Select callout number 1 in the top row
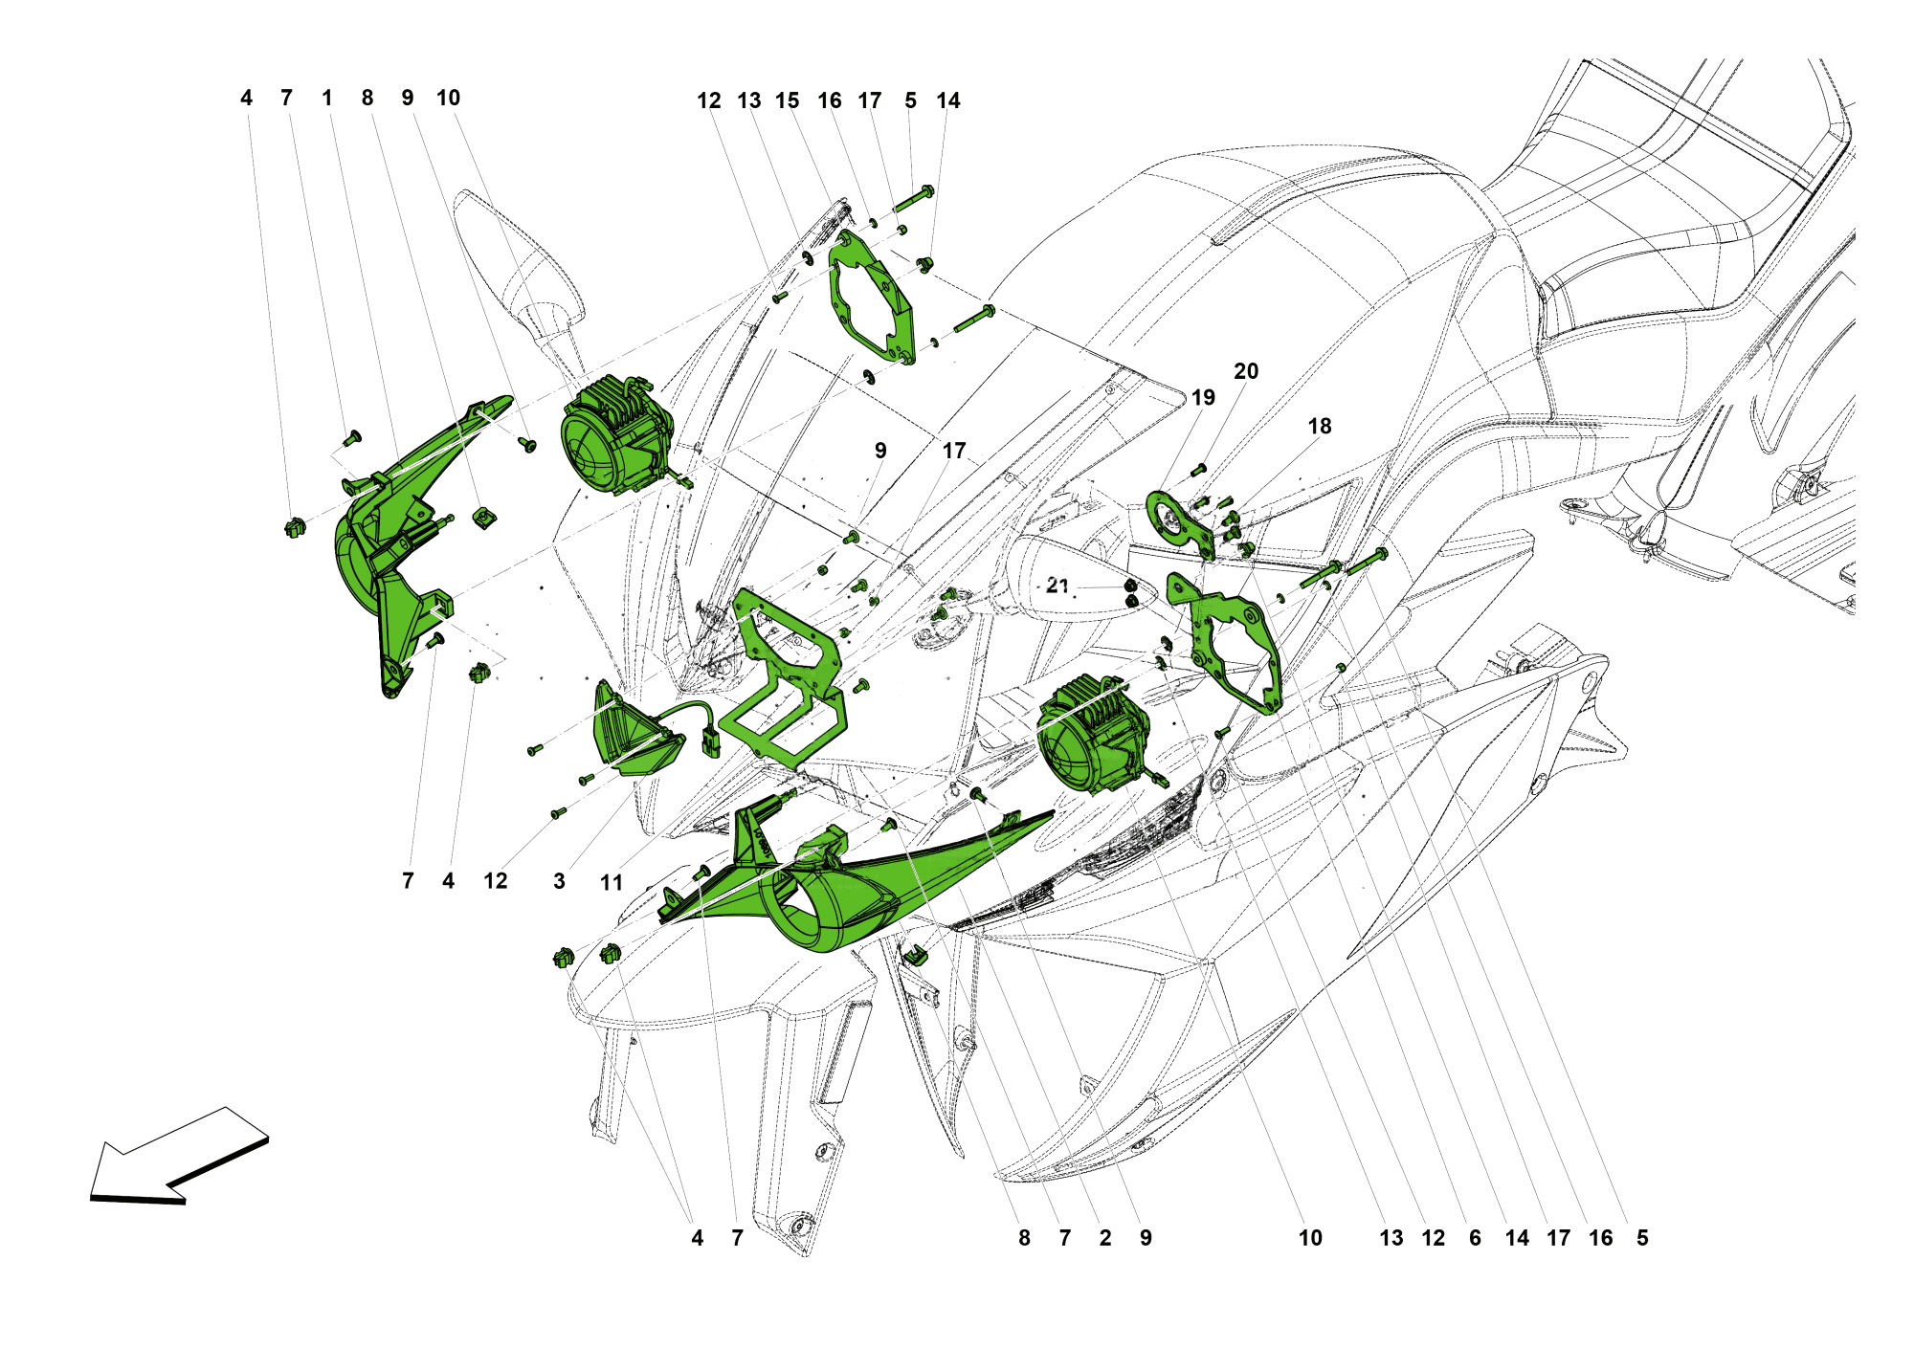(x=327, y=98)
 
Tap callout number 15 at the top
(x=788, y=100)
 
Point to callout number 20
(x=1246, y=371)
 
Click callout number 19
(x=1203, y=397)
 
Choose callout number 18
(x=1320, y=427)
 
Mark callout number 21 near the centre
(x=1057, y=585)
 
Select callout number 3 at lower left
(x=559, y=881)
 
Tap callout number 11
(x=612, y=882)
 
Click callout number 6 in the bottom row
(x=1475, y=1238)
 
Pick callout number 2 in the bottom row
(x=1105, y=1238)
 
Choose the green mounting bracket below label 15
(x=871, y=297)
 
